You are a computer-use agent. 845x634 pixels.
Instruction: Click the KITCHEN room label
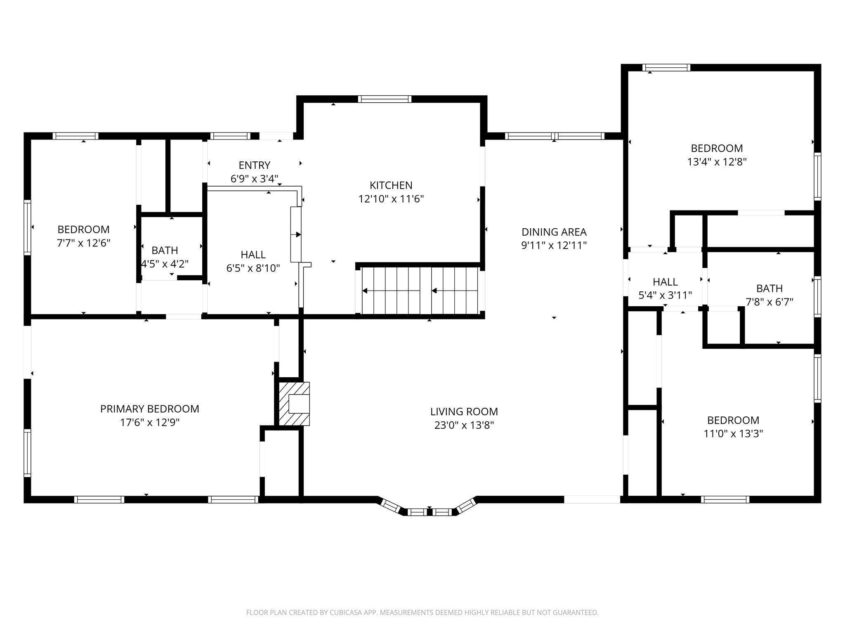pos(391,185)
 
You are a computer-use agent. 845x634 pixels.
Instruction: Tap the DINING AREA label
pos(554,232)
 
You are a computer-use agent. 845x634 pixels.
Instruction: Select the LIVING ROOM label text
pos(464,412)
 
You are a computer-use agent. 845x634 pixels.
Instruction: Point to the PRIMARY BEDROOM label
pos(150,409)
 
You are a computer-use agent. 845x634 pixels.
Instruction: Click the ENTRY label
pos(255,165)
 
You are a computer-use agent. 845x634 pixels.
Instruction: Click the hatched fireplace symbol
pos(294,404)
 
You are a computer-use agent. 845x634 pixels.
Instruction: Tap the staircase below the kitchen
pos(420,291)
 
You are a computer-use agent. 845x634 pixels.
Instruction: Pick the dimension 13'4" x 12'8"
pos(717,162)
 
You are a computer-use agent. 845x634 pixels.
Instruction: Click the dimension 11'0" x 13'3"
pos(733,434)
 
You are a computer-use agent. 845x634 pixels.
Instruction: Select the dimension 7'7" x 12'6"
pos(84,243)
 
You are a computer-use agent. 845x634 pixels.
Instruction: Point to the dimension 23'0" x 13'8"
pos(464,425)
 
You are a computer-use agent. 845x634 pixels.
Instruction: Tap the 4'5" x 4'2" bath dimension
pos(165,264)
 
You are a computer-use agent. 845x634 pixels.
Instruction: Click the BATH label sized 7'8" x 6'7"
pos(769,288)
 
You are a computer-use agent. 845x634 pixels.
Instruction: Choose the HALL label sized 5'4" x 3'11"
pos(665,282)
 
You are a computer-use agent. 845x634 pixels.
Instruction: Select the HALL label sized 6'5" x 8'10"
pos(253,255)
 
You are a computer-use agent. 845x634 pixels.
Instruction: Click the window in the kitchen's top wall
pos(385,99)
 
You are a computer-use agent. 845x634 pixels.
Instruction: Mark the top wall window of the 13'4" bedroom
pos(666,68)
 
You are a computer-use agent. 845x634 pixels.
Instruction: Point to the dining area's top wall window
pos(555,136)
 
